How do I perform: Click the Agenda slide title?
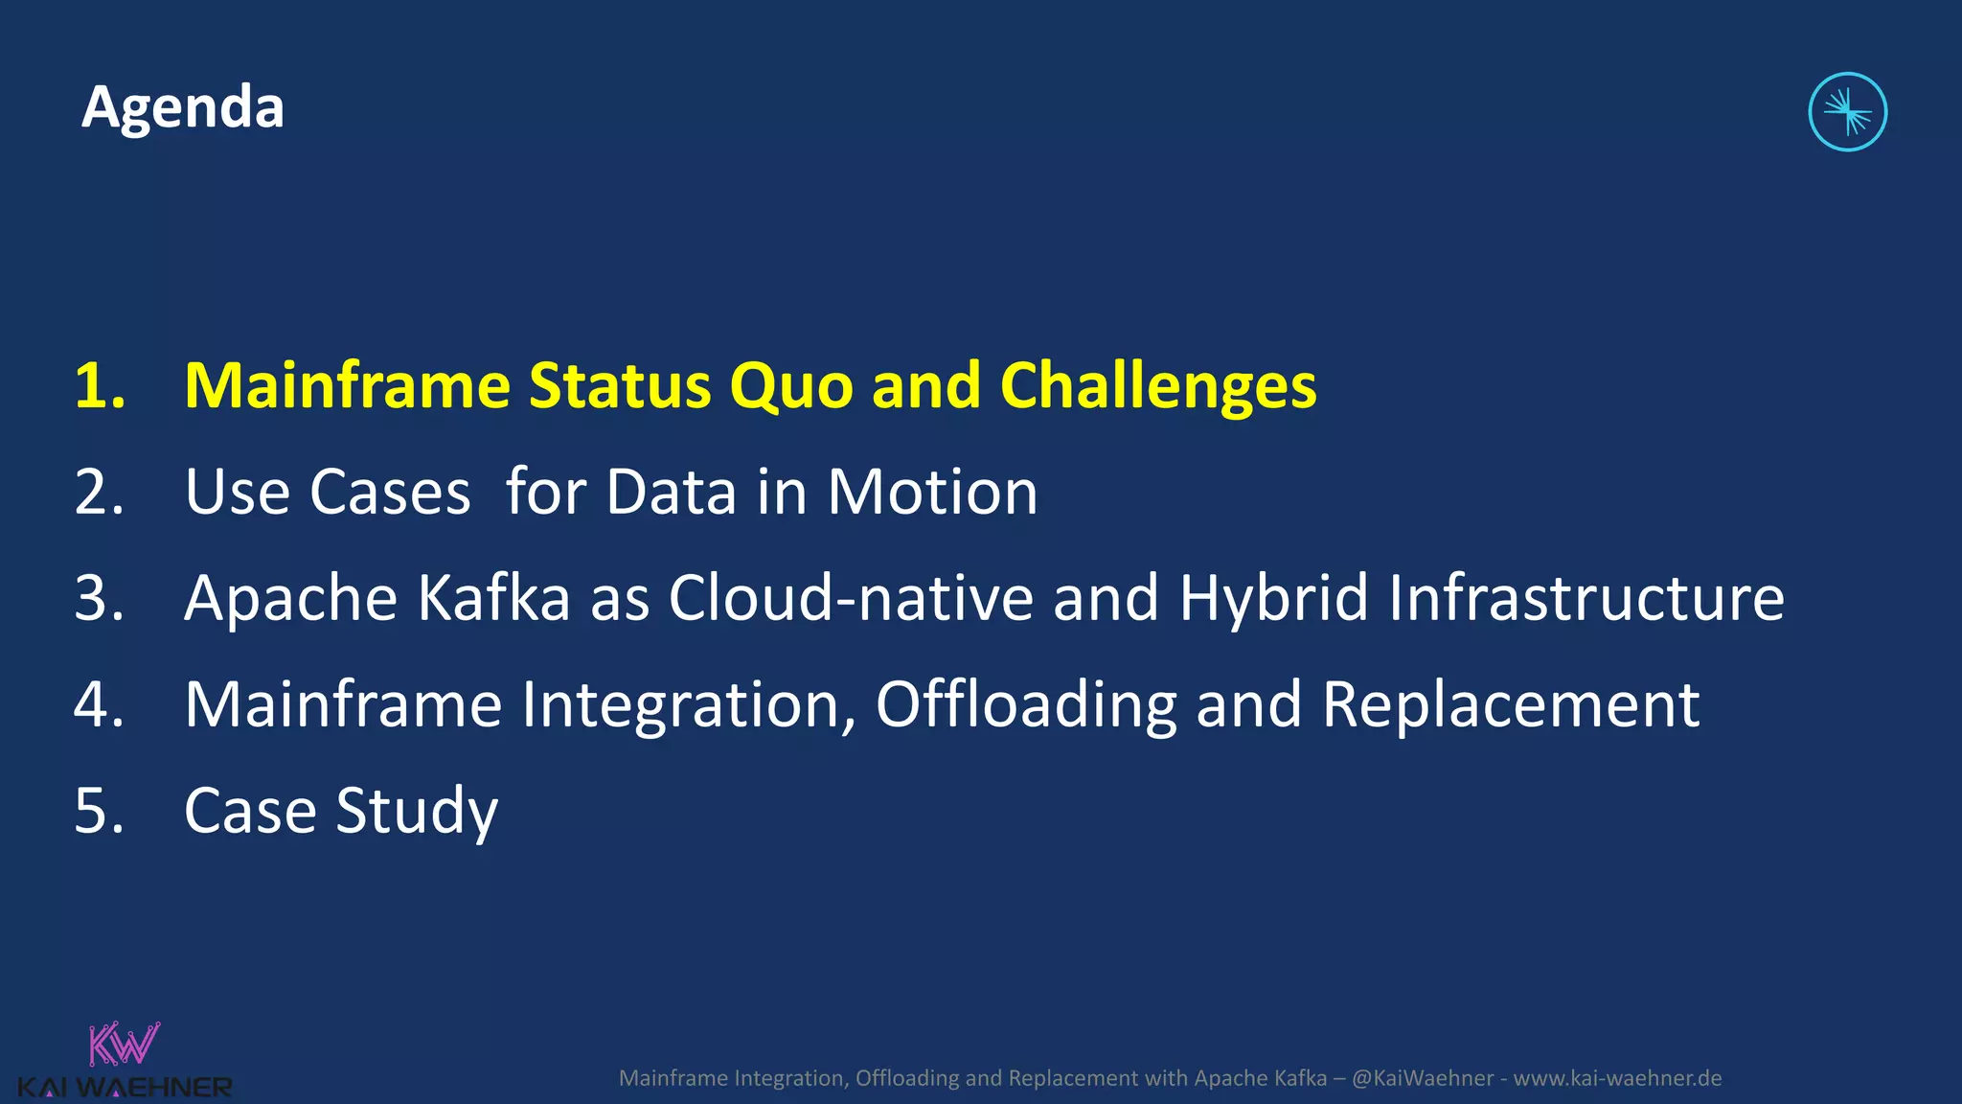coord(183,106)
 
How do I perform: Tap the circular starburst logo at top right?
coord(1847,112)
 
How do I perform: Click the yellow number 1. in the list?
coord(100,386)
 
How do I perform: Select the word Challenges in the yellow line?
coord(1158,386)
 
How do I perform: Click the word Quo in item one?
coord(790,386)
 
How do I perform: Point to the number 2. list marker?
coord(100,493)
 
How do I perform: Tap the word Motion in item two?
coord(932,493)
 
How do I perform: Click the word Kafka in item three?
coord(493,599)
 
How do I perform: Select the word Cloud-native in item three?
coord(851,599)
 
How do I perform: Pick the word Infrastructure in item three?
coord(1586,599)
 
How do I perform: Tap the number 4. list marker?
coord(100,705)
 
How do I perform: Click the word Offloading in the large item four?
coord(1026,705)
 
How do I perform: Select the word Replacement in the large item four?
coord(1511,705)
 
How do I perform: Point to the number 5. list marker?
coord(100,812)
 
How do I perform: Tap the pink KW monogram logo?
coord(124,1045)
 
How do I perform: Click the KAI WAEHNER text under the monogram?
coord(125,1088)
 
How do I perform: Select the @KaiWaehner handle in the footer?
coord(1422,1078)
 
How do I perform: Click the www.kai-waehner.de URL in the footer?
coord(1617,1078)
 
